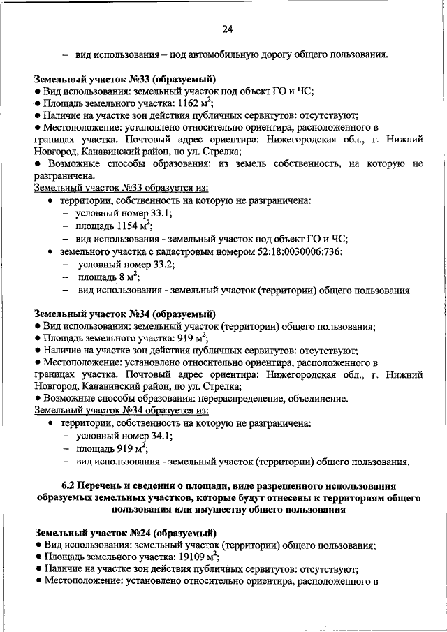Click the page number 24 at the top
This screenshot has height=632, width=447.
[x=227, y=29]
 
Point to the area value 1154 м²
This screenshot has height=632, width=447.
[x=131, y=226]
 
